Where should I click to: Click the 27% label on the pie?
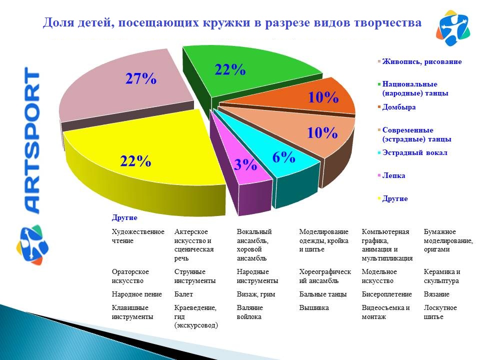pos(141,78)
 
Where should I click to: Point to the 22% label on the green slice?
pos(230,69)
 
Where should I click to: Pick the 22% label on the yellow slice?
pos(135,160)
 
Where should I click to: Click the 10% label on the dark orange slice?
pos(323,97)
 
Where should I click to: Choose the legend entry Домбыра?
pos(398,107)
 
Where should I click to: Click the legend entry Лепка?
pos(393,175)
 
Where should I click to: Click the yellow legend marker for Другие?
pos(379,198)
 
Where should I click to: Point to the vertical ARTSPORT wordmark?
pos(32,140)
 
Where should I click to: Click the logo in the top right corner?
pos(453,27)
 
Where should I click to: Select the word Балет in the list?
pos(183,294)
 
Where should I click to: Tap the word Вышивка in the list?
pos(314,307)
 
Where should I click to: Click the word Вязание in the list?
pos(436,294)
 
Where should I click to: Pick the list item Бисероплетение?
pos(386,294)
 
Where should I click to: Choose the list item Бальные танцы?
pos(322,294)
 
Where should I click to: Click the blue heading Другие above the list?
pos(124,217)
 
